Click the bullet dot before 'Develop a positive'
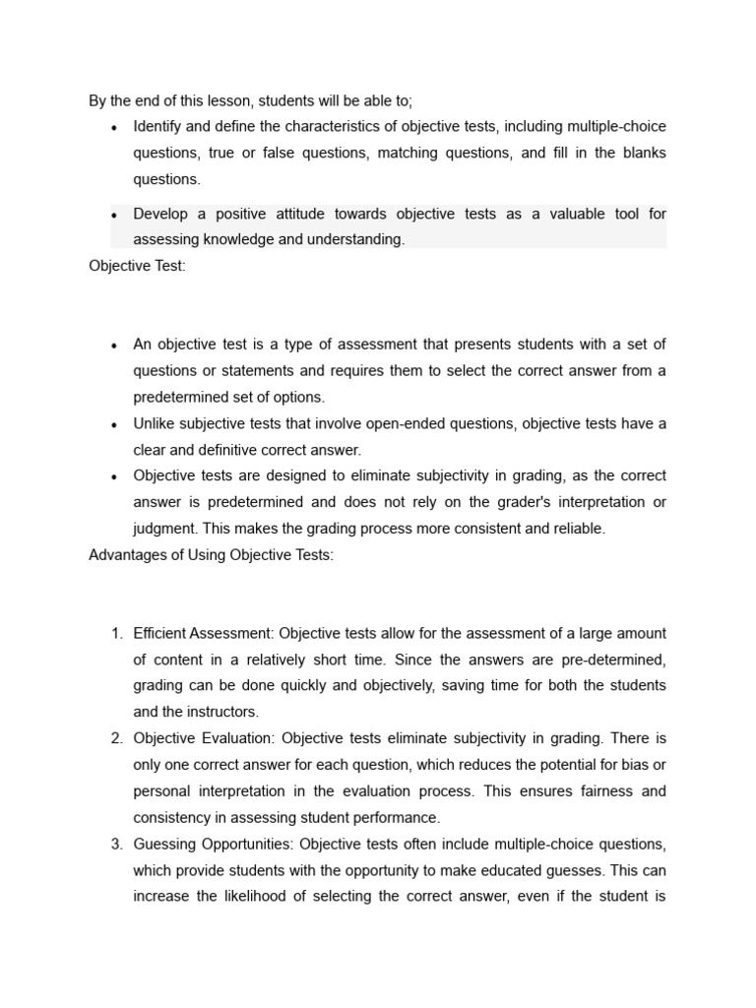[115, 215]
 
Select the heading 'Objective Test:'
[137, 266]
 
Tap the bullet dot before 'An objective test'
[115, 346]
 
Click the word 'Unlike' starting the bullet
[156, 423]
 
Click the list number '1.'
[116, 633]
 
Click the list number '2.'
[116, 738]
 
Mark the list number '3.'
[116, 844]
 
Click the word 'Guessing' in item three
[165, 844]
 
